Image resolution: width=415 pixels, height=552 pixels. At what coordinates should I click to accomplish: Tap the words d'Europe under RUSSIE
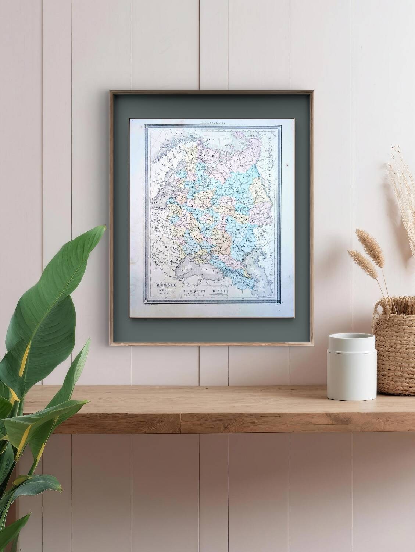(168, 293)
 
